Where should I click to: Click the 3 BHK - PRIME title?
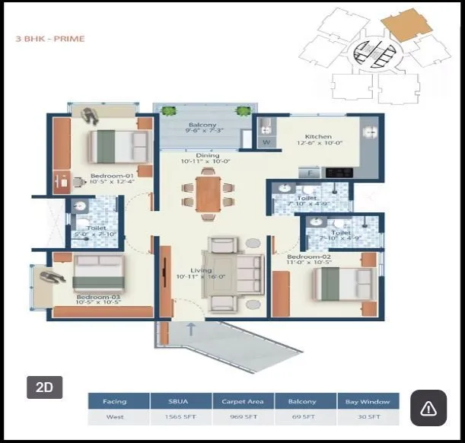pyautogui.click(x=50, y=39)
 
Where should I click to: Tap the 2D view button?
pyautogui.click(x=44, y=387)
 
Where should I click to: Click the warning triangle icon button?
pyautogui.click(x=428, y=409)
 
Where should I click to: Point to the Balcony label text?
pyautogui.click(x=202, y=126)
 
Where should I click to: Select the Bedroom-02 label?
pyautogui.click(x=307, y=257)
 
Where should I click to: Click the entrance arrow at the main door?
pyautogui.click(x=190, y=330)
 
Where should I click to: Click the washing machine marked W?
pyautogui.click(x=266, y=142)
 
